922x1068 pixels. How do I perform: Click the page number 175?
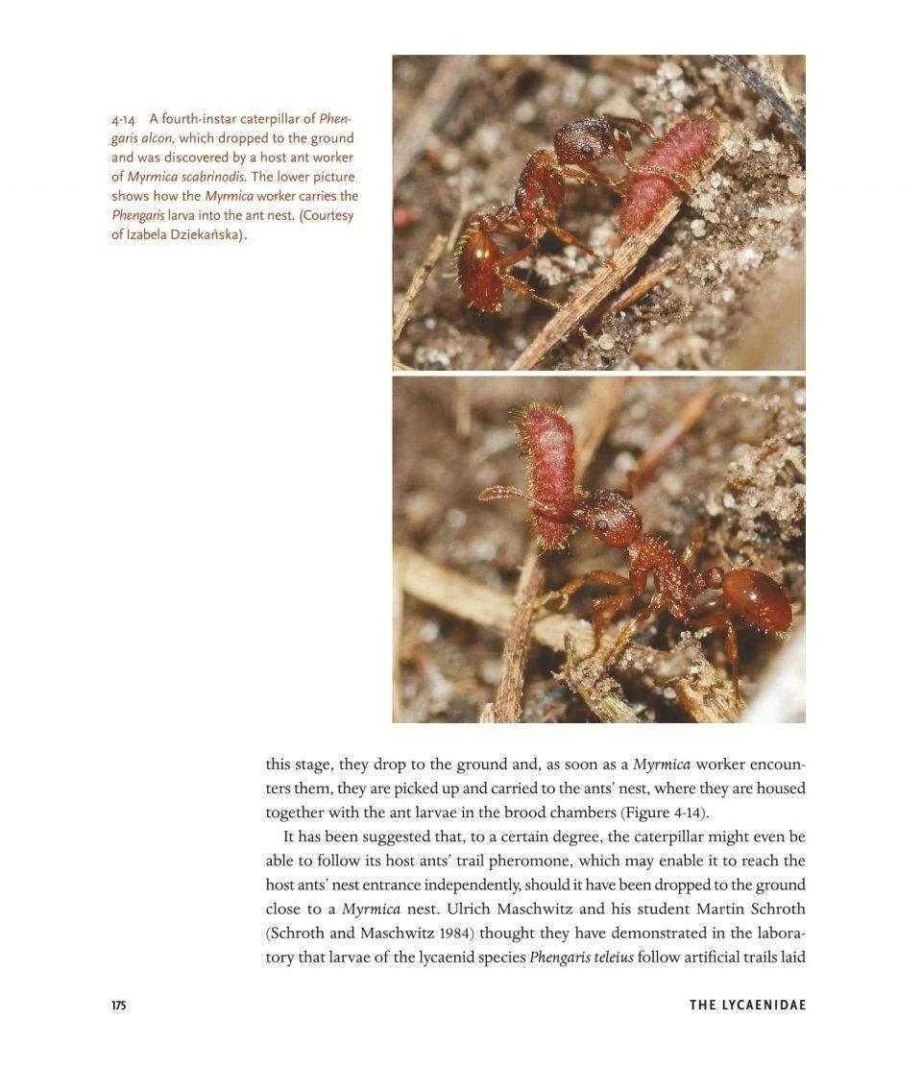click(x=119, y=1006)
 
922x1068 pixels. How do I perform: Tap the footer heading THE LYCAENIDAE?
click(x=747, y=1006)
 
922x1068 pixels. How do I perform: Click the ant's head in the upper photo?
click(x=584, y=142)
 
